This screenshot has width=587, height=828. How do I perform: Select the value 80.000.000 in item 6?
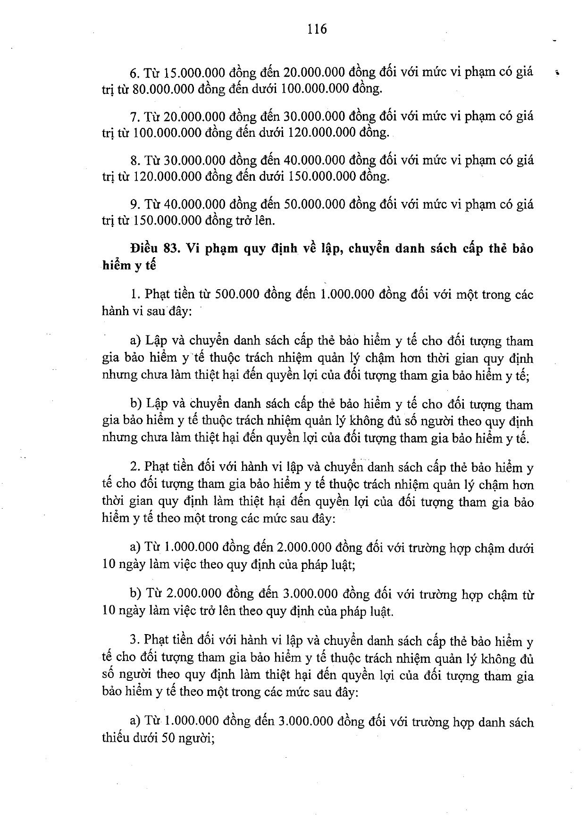pos(163,89)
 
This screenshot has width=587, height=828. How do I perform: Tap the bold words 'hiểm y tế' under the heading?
pos(129,265)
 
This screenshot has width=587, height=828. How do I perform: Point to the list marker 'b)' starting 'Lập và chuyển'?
pos(137,404)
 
